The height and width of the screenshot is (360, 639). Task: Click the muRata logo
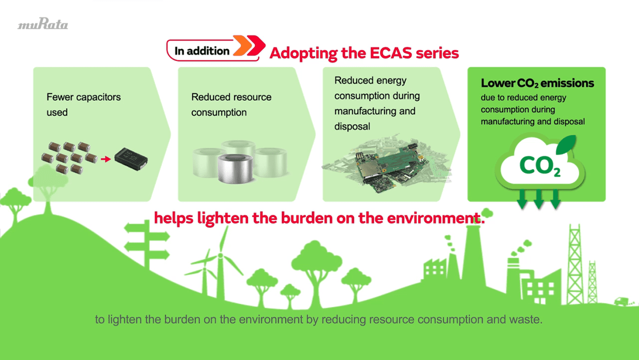coord(42,24)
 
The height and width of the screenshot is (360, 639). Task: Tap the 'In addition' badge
coord(202,51)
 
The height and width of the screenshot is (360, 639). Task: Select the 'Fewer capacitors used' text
coord(83,104)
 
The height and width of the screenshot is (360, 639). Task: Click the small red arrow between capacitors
coord(106,159)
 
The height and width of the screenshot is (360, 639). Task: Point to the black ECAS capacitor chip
coord(131,158)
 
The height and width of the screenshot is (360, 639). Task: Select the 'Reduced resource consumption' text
coord(231,104)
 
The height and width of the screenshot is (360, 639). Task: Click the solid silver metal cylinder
coord(235,169)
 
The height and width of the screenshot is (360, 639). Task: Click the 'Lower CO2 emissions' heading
coord(537,83)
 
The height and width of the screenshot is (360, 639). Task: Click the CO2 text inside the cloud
coord(540,166)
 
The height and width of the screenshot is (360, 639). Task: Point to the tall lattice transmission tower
coord(575,258)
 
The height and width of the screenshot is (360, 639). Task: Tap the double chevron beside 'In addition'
coord(249,46)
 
